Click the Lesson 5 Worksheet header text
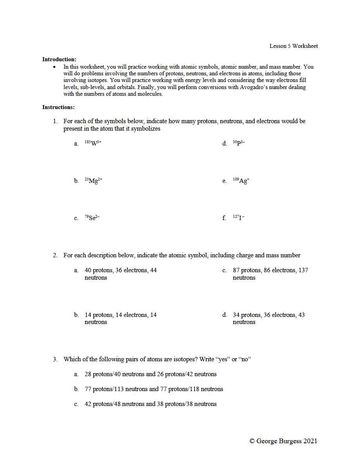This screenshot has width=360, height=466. click(293, 46)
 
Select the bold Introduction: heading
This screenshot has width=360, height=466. click(59, 60)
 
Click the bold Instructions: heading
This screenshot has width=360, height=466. click(58, 107)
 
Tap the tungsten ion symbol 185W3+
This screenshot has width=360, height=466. click(93, 143)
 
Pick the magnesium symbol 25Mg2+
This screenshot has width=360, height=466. click(93, 180)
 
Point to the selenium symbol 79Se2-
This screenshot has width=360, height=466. click(92, 218)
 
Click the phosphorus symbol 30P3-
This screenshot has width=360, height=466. click(239, 143)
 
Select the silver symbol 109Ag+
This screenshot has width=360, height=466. click(241, 180)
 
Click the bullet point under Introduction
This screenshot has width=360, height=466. click(55, 67)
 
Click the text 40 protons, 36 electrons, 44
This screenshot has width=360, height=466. click(120, 270)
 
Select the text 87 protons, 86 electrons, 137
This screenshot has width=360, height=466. click(270, 270)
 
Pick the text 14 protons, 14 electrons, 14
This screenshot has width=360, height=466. click(120, 315)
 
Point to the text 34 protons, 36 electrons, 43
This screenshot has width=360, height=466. click(269, 315)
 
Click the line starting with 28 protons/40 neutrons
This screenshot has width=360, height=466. click(151, 374)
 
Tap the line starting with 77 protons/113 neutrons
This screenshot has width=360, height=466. click(154, 389)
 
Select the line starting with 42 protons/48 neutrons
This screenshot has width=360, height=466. click(151, 404)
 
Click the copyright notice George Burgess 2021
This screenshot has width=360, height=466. click(283, 441)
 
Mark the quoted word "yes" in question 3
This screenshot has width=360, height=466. click(222, 359)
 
